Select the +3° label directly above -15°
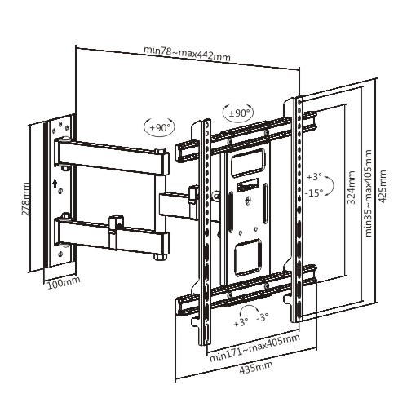(315, 176)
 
